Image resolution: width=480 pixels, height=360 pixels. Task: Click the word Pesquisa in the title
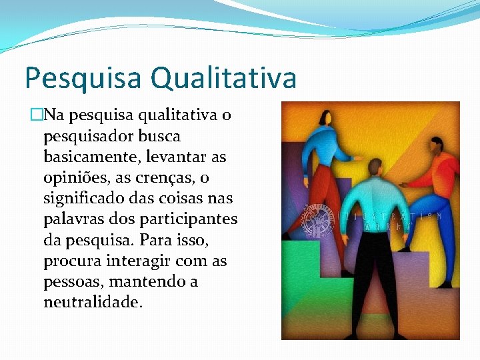pos(83,78)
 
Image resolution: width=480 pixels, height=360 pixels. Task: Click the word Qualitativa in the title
pos(223,78)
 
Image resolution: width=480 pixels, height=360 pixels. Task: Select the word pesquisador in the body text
pos(88,137)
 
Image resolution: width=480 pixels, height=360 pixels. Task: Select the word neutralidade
pos(93,302)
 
